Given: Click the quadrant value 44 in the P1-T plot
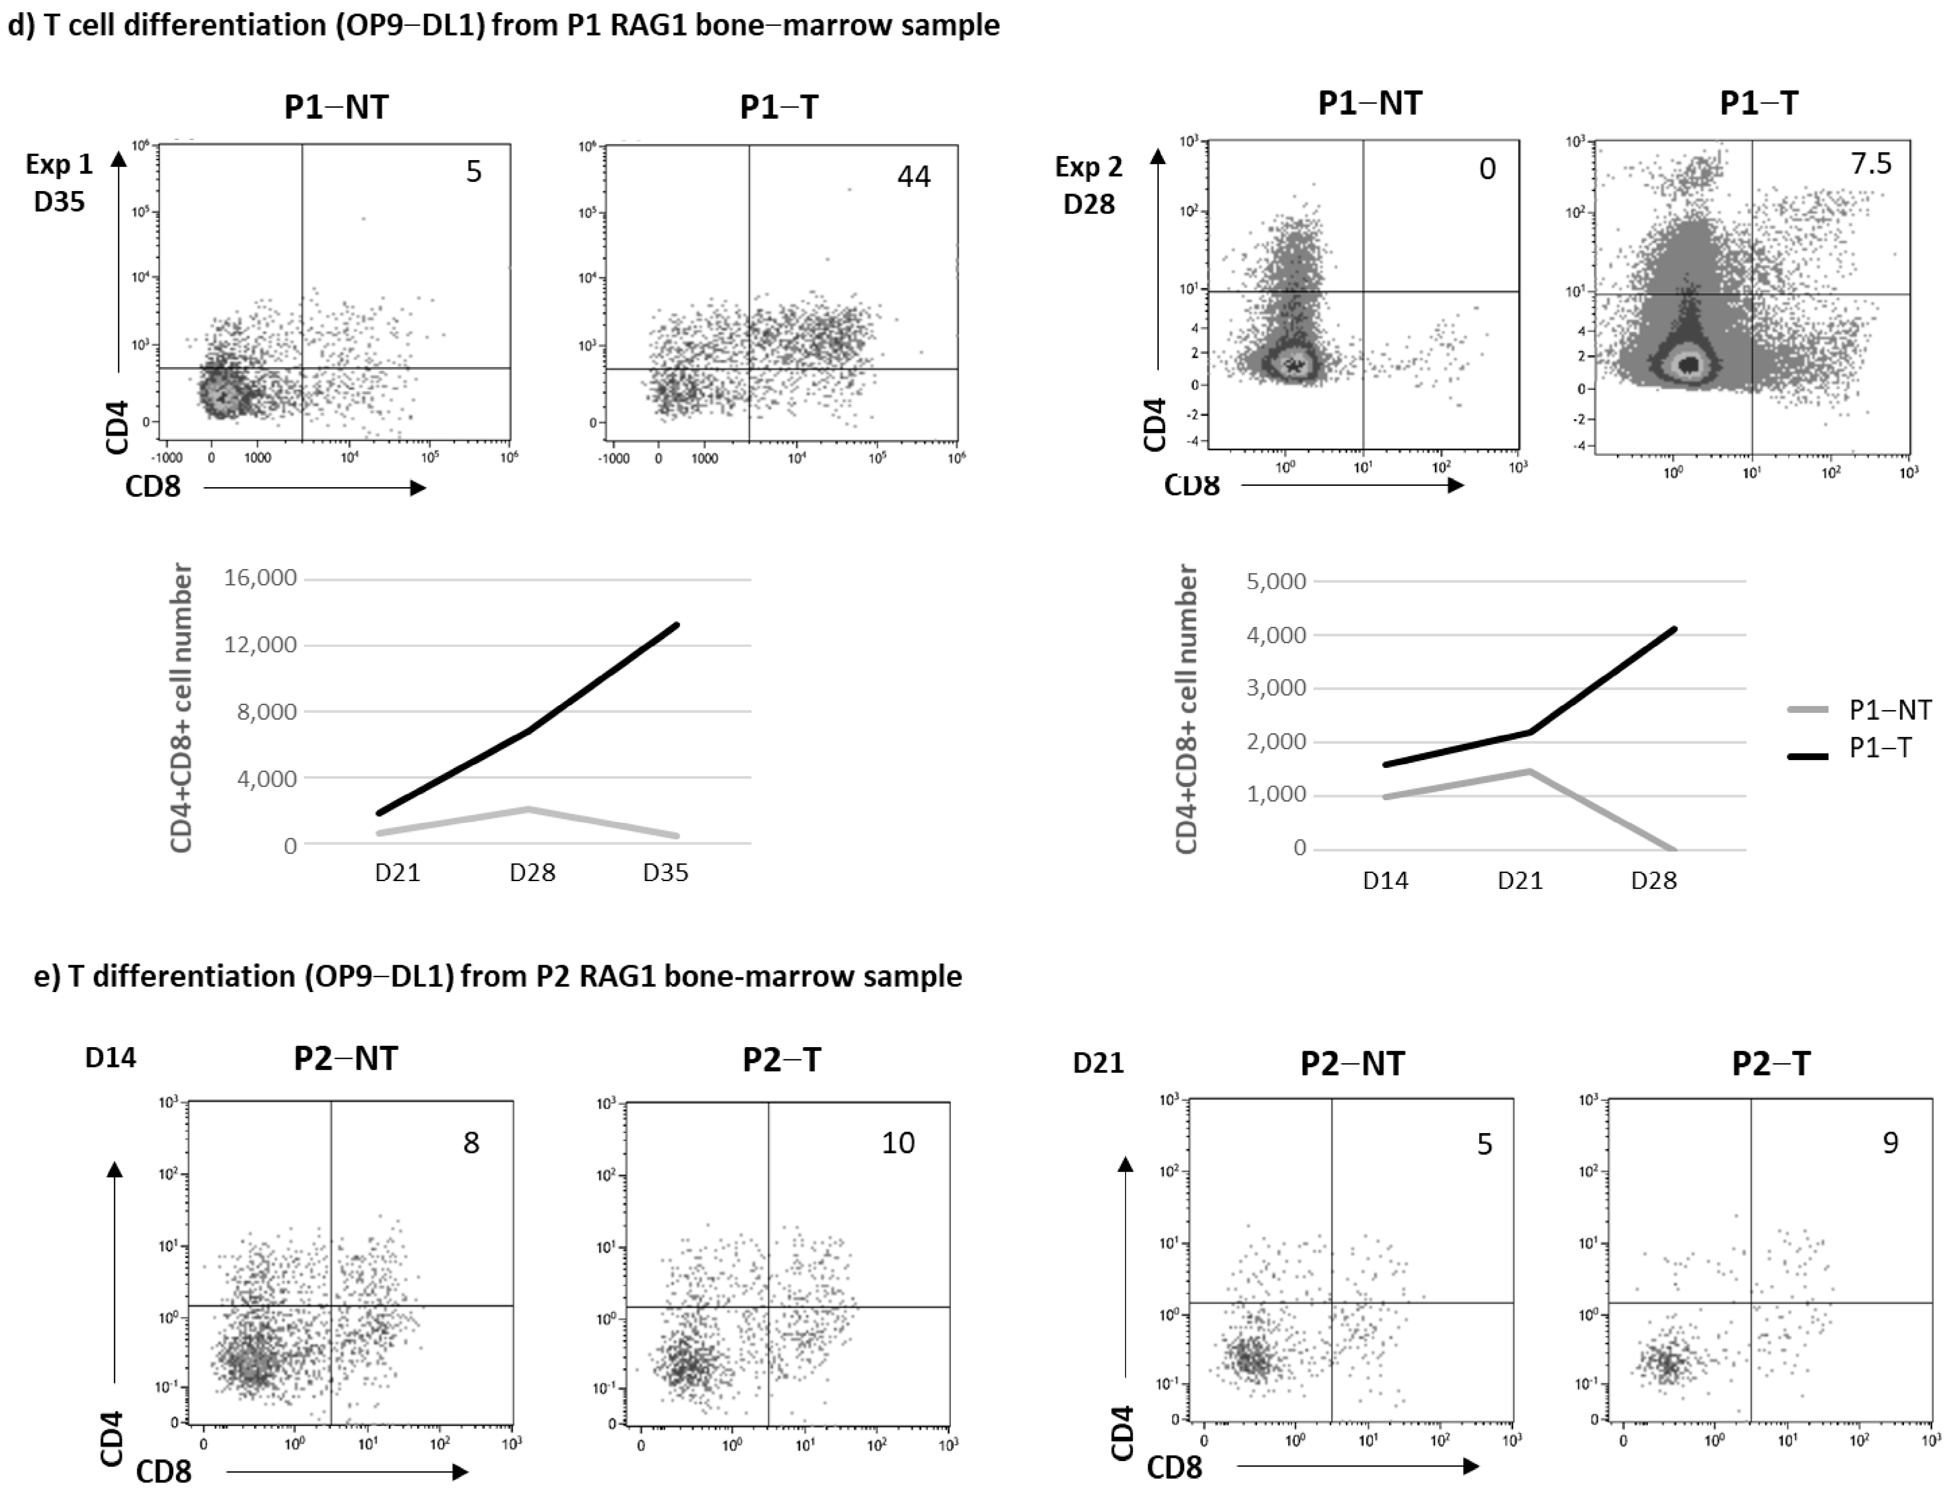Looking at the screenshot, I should point(914,176).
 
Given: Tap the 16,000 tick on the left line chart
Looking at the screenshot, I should point(260,578).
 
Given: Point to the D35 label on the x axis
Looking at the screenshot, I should point(666,872).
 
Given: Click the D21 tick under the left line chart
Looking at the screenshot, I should point(398,872).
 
